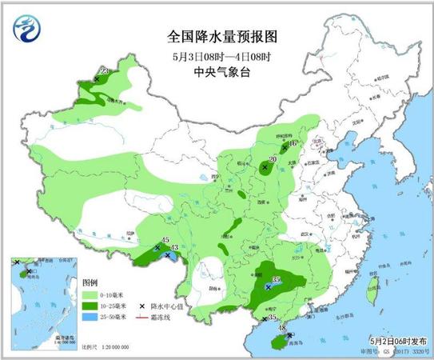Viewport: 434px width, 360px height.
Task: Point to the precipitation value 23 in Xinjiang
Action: (x=103, y=71)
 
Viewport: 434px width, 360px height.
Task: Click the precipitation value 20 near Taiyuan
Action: (x=273, y=159)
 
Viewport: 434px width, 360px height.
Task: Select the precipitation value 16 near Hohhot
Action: (x=293, y=144)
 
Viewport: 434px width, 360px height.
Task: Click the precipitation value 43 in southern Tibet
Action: (x=174, y=249)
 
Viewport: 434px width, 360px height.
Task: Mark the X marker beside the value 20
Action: (x=265, y=167)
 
